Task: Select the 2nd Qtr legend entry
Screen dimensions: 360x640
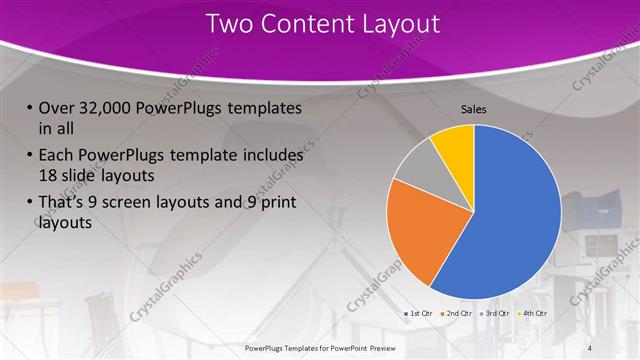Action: [x=458, y=314]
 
